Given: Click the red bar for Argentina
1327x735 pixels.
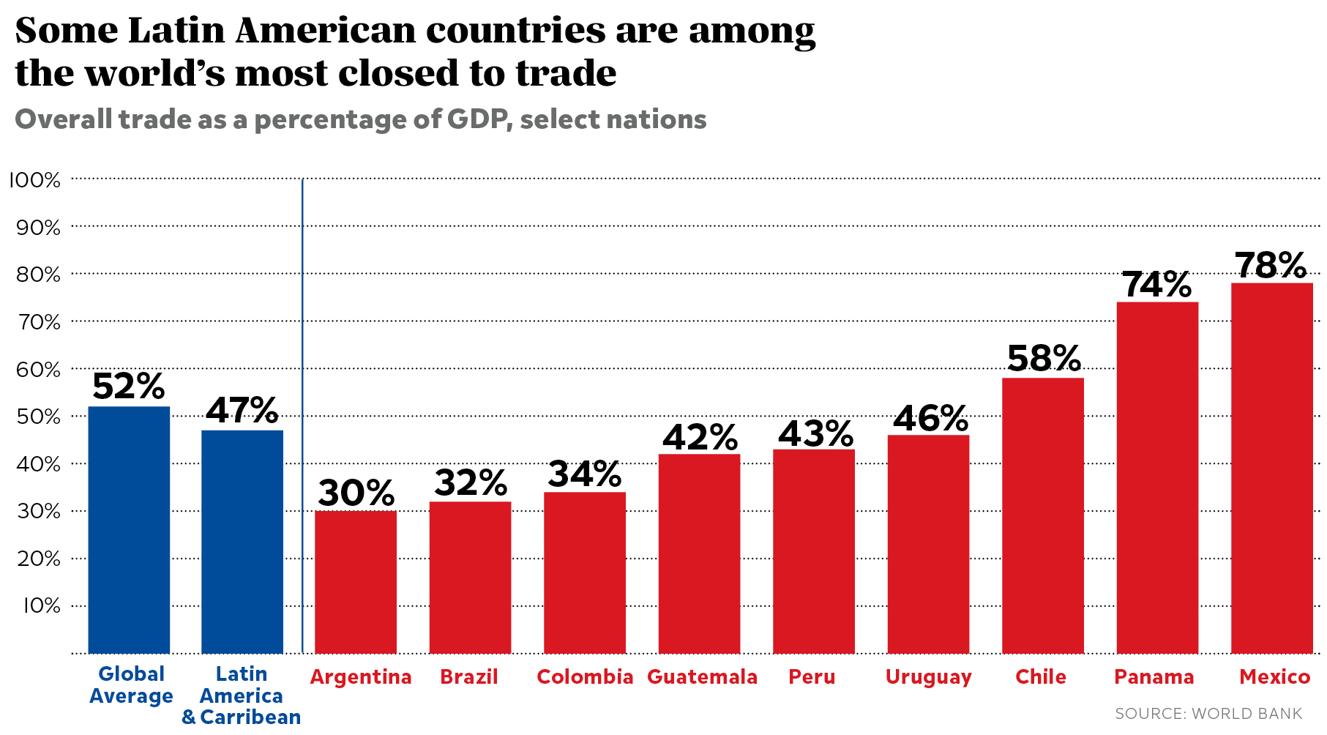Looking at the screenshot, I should (356, 582).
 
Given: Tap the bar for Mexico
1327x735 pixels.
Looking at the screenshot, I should (1271, 468).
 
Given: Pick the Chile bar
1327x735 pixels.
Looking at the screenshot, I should (1042, 515).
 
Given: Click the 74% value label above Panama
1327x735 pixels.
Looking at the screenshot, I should (1156, 285).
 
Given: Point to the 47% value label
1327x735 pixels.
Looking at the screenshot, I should (242, 411).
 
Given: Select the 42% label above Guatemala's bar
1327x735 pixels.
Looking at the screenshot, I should (700, 437).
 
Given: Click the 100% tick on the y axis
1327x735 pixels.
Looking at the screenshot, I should (34, 180).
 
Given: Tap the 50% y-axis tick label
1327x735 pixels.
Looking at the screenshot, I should (38, 417).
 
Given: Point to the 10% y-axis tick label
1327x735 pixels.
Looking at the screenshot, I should (41, 605).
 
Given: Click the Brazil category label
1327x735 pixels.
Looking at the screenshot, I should (469, 677).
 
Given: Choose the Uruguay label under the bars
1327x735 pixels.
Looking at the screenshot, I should (928, 677).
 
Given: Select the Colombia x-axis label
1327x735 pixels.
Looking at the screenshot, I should (585, 677).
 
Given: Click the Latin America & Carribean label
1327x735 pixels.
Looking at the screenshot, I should (242, 695).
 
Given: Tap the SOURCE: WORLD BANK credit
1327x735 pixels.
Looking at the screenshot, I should (1208, 713).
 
